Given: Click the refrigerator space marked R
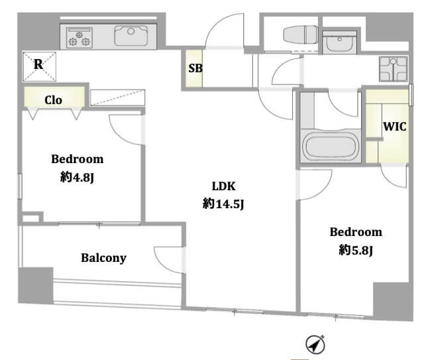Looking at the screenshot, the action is click(x=40, y=67).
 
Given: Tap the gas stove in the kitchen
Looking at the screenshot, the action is click(x=80, y=38).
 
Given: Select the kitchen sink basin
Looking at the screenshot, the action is click(x=131, y=36).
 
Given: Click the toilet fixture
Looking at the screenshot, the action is click(x=301, y=35).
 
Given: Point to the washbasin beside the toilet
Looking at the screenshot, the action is click(x=339, y=42).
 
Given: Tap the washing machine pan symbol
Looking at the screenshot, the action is click(x=394, y=69).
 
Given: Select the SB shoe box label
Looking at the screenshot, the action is click(x=195, y=68).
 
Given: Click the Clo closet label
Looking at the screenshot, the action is click(x=53, y=100).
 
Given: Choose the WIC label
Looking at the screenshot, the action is click(x=395, y=127).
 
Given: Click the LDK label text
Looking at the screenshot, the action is click(x=223, y=186).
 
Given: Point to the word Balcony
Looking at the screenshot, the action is click(x=103, y=258).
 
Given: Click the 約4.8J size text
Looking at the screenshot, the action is click(x=77, y=177).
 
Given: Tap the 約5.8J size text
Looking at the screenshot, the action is click(x=356, y=250).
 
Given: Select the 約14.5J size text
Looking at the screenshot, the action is click(x=223, y=204).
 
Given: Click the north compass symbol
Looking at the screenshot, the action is click(x=315, y=344).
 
